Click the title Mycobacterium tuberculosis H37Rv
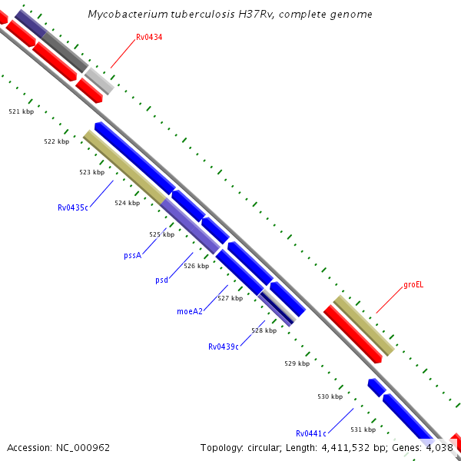pyautogui.click(x=230, y=14)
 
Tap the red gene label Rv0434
pyautogui.click(x=149, y=37)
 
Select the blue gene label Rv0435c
pyautogui.click(x=74, y=207)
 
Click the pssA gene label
pyautogui.click(x=133, y=255)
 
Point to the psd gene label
pyautogui.click(x=161, y=280)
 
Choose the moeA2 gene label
pyautogui.click(x=190, y=311)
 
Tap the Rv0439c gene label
pyautogui.click(x=224, y=347)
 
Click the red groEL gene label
pyautogui.click(x=413, y=284)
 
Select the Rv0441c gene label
pyautogui.click(x=311, y=433)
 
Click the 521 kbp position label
pyautogui.click(x=22, y=111)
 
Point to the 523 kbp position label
pyautogui.click(x=91, y=172)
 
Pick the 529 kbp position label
pyautogui.click(x=297, y=363)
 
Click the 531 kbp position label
pyautogui.click(x=363, y=429)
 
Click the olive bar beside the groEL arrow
pyautogui.click(x=363, y=325)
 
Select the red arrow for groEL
pyautogui.click(x=353, y=334)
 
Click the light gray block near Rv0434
pyautogui.click(x=99, y=81)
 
